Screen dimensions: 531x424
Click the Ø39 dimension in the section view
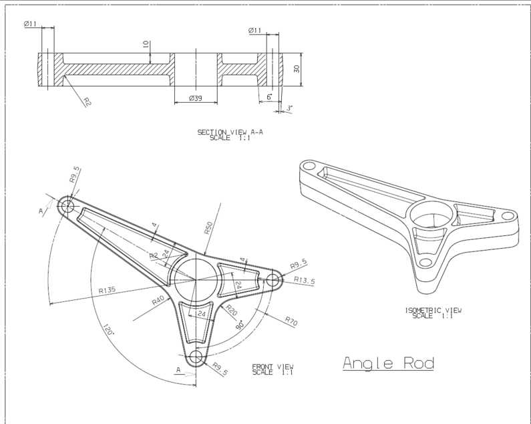coord(196,98)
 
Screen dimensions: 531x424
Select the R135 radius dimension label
coord(107,290)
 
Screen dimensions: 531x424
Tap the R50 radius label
coord(208,227)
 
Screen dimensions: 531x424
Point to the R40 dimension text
coord(158,300)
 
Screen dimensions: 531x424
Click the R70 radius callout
coord(291,321)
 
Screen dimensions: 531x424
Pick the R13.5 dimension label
coord(304,280)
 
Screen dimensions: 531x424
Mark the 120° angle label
coord(108,329)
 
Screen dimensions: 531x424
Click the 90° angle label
coord(240,325)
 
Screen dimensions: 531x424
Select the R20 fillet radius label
coord(231,310)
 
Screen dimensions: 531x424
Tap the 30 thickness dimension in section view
coord(297,69)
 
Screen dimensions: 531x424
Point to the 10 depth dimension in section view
coord(146,44)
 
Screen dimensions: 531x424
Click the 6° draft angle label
coord(270,97)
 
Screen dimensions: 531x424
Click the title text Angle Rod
coord(389,363)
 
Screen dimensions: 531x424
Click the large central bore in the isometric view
coord(431,215)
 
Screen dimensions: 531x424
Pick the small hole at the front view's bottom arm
coord(196,357)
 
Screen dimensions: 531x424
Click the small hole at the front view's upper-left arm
coord(67,205)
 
